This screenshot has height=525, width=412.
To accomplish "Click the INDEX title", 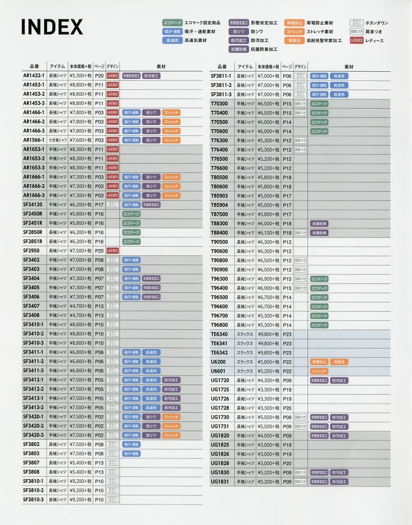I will pos(52,26).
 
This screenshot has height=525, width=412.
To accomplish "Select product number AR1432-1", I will pos(34,75).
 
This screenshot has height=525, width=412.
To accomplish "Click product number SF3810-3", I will pos(34,499).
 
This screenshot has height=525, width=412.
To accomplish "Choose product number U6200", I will pos(219,362).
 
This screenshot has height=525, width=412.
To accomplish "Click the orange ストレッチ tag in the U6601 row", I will pos(319,371).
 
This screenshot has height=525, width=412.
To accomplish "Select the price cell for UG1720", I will pos(268,380).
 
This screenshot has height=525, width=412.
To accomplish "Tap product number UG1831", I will pos(220,482).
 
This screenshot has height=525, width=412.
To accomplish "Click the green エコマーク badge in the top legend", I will pos(172,23).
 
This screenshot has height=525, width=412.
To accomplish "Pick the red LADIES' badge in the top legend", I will pos(357,40).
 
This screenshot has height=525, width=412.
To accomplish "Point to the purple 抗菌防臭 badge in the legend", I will pos(239,49).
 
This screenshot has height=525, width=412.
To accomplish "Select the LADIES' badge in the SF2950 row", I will pos(112,251).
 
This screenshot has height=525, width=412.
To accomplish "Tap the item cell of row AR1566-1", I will pos(57,140).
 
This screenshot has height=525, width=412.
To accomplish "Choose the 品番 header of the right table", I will pos(222,67).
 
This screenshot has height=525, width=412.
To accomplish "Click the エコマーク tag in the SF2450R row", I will pos(131,214).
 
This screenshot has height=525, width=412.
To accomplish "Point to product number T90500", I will pos(220,242).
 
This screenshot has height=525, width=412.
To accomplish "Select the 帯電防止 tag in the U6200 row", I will pos(319,362).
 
